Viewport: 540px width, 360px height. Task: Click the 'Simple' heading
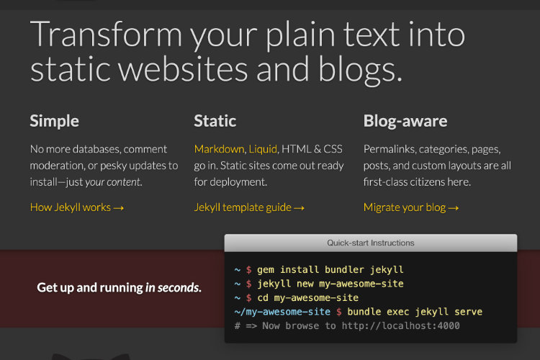[x=54, y=121]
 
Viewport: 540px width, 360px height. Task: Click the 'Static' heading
[x=215, y=121]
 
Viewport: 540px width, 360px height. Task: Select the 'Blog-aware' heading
[x=405, y=121]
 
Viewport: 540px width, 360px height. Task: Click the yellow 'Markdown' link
[x=219, y=149]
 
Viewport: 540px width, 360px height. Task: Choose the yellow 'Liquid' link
[x=263, y=149]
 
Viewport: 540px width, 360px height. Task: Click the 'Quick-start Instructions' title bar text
[x=371, y=243]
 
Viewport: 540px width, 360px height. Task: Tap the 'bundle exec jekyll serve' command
[x=415, y=312]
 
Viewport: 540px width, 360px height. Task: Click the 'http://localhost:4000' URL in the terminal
[x=400, y=326]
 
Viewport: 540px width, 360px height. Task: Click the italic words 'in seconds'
[x=172, y=288]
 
